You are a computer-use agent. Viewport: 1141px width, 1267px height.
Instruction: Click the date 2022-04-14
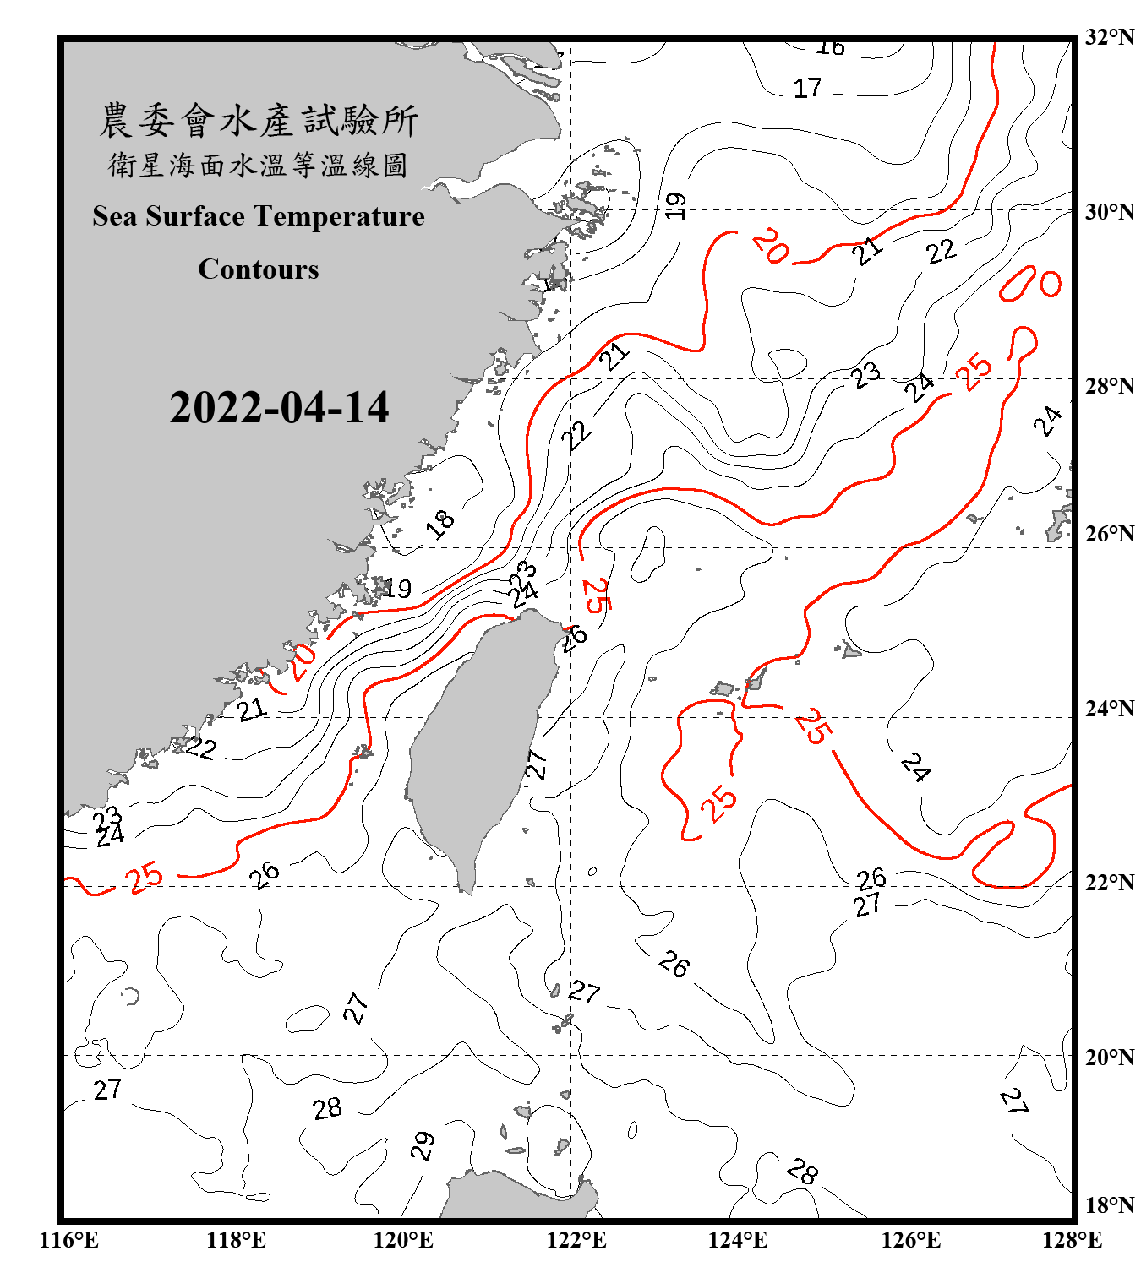pos(279,408)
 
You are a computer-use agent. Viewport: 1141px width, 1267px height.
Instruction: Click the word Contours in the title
pos(259,269)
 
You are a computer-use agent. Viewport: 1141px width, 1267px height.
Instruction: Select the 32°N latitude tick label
pos(1109,37)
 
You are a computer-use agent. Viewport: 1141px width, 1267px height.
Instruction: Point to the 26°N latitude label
pos(1109,534)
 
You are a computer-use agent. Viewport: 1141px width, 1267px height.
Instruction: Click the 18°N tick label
pos(1109,1205)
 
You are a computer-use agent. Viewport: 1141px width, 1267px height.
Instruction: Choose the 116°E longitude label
pos(68,1240)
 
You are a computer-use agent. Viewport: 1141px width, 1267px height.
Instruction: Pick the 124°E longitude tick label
pos(738,1240)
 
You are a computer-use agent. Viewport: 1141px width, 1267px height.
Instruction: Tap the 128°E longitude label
pos(1072,1240)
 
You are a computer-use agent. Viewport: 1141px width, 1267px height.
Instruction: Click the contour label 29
pos(423,1145)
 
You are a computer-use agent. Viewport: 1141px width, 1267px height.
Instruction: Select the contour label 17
pos(807,88)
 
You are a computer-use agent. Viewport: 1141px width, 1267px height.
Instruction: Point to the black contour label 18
pos(439,524)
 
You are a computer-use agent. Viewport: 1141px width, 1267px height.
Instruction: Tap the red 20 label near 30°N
pos(771,246)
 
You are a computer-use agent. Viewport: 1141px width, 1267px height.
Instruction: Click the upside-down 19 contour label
pos(674,205)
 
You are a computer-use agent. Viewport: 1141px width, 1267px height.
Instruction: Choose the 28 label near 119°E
pos(327,1108)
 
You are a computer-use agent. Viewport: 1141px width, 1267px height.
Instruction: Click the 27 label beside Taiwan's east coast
pos(537,763)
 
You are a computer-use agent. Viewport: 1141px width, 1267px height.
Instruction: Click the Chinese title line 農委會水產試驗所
pos(259,121)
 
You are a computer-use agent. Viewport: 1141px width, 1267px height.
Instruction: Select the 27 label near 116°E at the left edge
pos(107,1090)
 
